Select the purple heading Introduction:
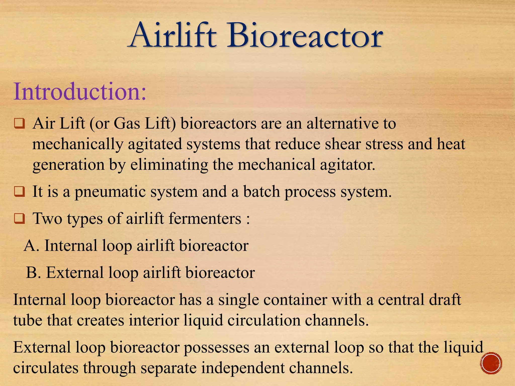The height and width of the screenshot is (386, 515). click(x=79, y=91)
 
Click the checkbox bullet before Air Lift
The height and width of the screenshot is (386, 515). click(x=19, y=124)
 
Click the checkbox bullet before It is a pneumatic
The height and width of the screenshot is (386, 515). click(x=19, y=192)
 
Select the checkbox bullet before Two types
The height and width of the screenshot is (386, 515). click(x=19, y=219)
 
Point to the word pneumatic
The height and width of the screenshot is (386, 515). click(x=111, y=192)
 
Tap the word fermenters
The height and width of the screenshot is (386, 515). click(x=205, y=219)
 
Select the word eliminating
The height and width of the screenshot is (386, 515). click(x=169, y=165)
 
